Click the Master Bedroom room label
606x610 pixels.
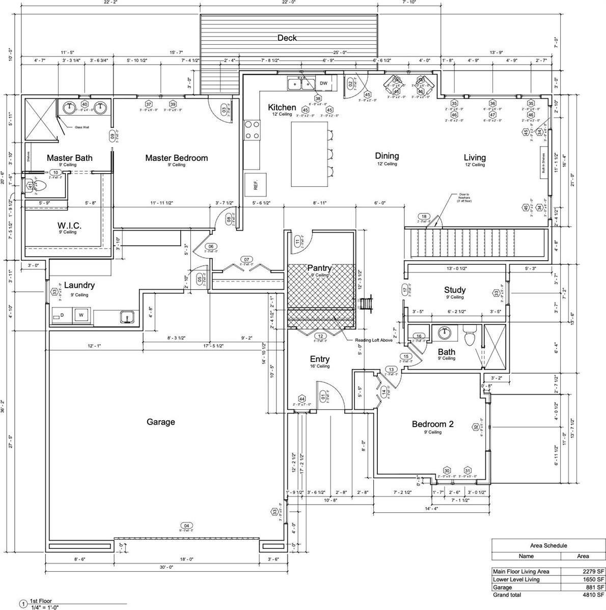pos(176,158)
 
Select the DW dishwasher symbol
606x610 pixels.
pos(324,84)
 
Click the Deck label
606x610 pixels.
pos(287,38)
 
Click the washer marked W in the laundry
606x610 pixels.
pos(80,316)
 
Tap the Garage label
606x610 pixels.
pos(161,422)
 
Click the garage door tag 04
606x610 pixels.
pos(186,525)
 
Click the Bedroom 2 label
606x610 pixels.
pos(432,424)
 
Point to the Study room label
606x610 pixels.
pos(455,290)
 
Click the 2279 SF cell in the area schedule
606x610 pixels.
pos(588,571)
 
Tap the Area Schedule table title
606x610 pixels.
pos(548,545)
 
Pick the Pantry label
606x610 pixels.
pos(319,268)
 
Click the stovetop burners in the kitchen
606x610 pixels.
pos(252,129)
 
